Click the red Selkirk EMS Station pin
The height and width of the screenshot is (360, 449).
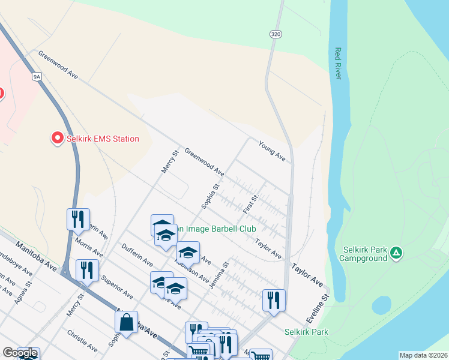click(x=57, y=138)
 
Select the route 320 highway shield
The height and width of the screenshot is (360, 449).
click(x=276, y=34)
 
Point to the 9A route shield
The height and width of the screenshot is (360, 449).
click(x=37, y=77)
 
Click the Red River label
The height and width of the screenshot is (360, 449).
click(x=338, y=64)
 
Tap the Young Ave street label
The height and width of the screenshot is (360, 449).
click(x=272, y=150)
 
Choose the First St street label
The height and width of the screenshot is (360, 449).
click(x=250, y=204)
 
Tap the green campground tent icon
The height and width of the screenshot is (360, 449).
click(x=396, y=253)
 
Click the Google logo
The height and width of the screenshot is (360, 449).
click(x=20, y=353)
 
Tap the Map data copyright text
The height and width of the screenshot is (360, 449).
click(x=423, y=355)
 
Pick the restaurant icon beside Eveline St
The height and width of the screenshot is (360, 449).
click(x=274, y=300)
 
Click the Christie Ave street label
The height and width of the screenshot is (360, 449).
click(x=82, y=340)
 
